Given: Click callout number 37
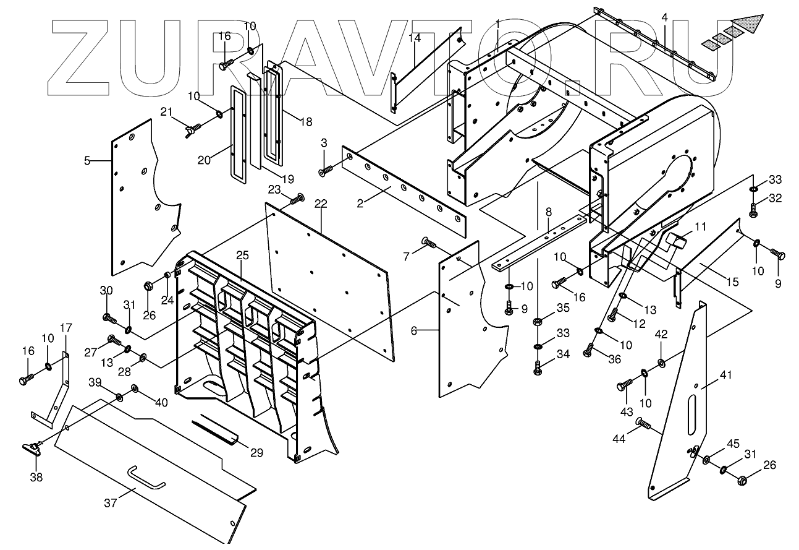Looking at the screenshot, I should tap(110, 504).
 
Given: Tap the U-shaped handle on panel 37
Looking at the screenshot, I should tap(146, 477).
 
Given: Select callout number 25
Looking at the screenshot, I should tap(242, 255).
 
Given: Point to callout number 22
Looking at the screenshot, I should tap(320, 204).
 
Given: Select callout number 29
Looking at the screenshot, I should tap(256, 453).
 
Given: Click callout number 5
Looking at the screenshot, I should tap(88, 161).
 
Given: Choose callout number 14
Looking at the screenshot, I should tap(414, 38).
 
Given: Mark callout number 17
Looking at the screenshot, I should tap(66, 327).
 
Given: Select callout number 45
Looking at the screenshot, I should tap(733, 444).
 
